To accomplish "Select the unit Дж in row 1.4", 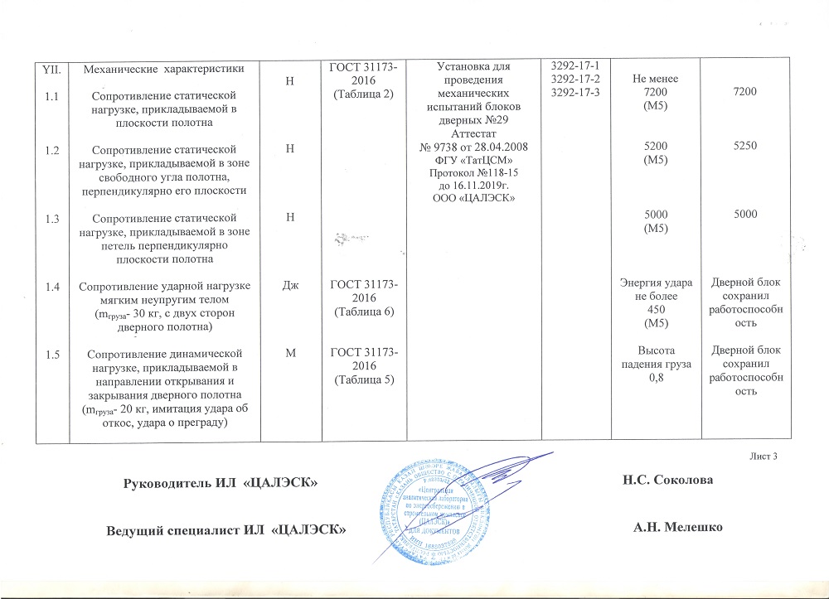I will (x=289, y=288).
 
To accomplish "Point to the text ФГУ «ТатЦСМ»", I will (x=468, y=158).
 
